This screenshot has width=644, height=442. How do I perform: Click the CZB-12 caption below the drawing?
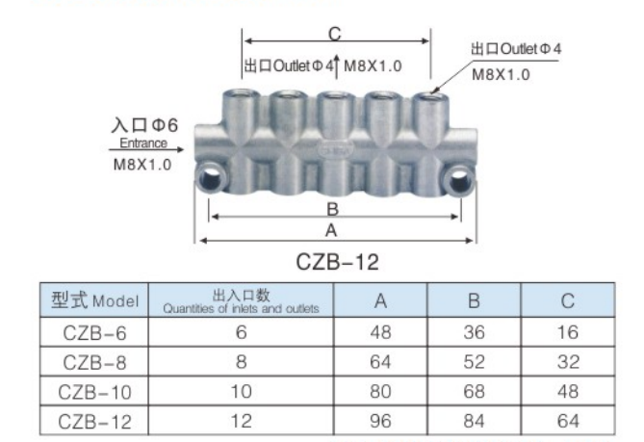pyautogui.click(x=336, y=262)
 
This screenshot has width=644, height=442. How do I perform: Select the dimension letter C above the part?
pyautogui.click(x=334, y=34)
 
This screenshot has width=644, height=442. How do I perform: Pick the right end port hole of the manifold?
pyautogui.click(x=461, y=177)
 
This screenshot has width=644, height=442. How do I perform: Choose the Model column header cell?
pyautogui.click(x=95, y=300)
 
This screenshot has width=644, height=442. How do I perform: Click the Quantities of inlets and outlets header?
pyautogui.click(x=241, y=300)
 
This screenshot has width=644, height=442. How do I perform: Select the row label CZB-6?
pyautogui.click(x=95, y=332)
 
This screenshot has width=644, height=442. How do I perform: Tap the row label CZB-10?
pyautogui.click(x=95, y=392)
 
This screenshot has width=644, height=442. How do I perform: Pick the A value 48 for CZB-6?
pyautogui.click(x=380, y=332)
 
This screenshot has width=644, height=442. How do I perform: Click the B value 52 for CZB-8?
pyautogui.click(x=474, y=362)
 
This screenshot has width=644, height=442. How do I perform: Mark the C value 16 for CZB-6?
pyautogui.click(x=567, y=332)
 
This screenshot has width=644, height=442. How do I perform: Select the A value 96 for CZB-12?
pyautogui.click(x=380, y=421)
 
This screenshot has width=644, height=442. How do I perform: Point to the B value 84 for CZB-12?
pyautogui.click(x=474, y=421)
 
